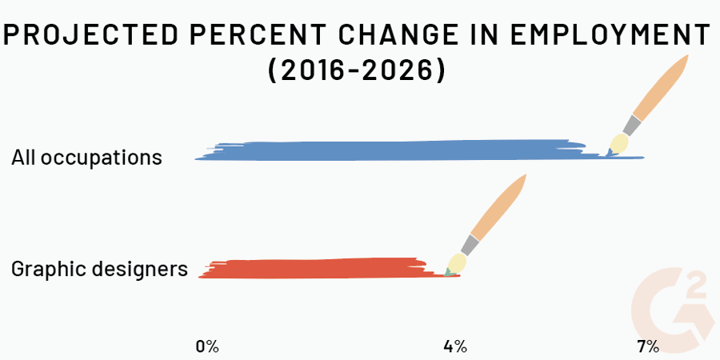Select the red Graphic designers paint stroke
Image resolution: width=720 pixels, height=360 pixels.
coord(322,269)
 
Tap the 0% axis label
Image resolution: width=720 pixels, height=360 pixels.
coord(207,346)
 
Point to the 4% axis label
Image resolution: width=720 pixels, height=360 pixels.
coord(455,346)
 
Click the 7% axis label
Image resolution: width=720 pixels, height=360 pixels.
coord(648,346)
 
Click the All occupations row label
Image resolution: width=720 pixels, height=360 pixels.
coord(86,158)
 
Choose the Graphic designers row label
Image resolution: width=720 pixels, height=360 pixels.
coord(100,269)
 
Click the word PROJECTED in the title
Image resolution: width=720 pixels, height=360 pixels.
coord(90,35)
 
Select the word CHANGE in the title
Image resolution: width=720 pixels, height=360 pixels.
coord(406,35)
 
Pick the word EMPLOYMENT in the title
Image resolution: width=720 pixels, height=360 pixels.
coord(610,35)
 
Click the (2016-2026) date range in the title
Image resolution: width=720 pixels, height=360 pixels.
coord(357,70)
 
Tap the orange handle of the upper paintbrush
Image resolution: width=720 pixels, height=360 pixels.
coord(662,86)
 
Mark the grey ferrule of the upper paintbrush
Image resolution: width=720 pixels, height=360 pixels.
coord(631,126)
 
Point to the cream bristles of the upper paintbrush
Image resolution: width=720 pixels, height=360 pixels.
coord(618,144)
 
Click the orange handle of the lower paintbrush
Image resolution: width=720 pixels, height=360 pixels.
coord(499,206)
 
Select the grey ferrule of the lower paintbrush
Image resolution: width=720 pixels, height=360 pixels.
coord(470,246)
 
